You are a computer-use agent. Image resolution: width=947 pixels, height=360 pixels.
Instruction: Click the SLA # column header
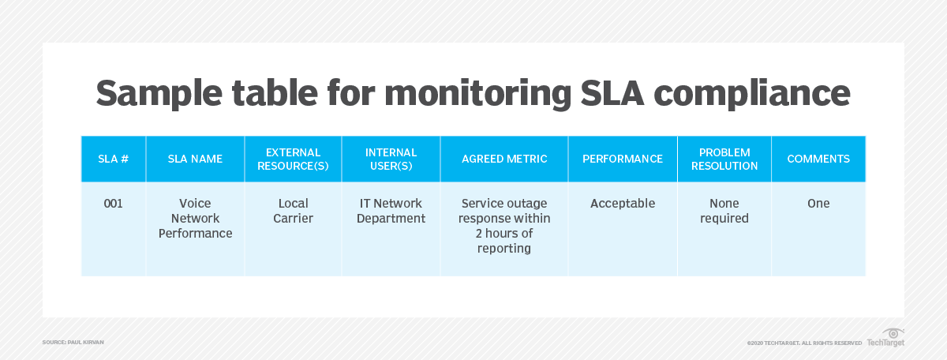[114, 159]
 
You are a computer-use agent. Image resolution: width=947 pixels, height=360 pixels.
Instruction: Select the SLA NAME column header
[195, 159]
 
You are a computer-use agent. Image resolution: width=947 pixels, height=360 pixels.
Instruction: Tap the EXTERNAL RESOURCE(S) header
[293, 159]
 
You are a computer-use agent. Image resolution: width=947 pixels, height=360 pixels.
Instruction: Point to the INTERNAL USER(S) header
[391, 159]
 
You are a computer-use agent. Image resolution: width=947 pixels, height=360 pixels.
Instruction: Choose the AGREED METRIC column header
[504, 159]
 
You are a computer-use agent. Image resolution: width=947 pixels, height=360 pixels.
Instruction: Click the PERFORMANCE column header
[623, 159]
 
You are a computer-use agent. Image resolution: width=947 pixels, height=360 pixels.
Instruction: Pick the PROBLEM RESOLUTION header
[724, 159]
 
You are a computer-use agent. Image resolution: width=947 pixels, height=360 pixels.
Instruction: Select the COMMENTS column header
[818, 159]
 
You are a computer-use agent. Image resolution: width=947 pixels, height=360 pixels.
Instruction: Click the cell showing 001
[114, 204]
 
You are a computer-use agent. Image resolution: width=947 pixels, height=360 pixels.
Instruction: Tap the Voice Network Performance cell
[195, 218]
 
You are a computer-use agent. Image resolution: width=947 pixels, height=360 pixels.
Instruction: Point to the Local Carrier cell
[293, 211]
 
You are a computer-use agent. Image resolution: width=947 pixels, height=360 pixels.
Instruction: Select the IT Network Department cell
[391, 211]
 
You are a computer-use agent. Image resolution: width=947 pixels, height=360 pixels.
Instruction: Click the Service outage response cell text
[504, 226]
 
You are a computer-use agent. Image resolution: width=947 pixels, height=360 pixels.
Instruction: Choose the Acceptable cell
[623, 204]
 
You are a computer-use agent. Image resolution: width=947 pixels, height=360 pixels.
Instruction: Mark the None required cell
[724, 211]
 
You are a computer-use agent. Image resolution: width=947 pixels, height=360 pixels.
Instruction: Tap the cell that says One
[818, 204]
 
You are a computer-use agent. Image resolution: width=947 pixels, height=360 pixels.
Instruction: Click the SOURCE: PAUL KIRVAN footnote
[73, 342]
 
